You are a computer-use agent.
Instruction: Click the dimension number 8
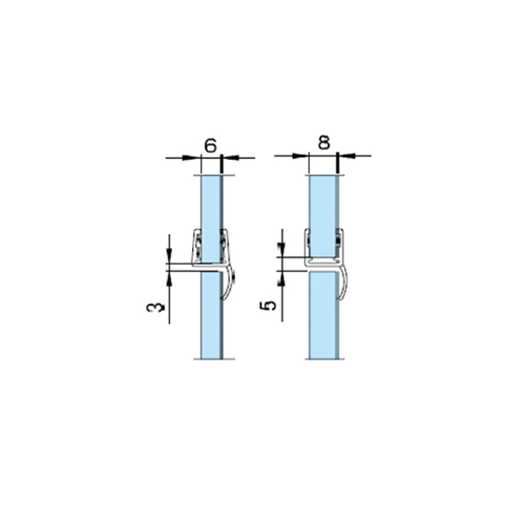324,142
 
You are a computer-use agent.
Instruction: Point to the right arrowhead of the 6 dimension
230,158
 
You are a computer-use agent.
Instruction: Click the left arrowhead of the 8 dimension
300,156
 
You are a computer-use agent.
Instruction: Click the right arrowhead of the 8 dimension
347,156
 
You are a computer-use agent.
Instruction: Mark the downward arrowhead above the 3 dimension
169,255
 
